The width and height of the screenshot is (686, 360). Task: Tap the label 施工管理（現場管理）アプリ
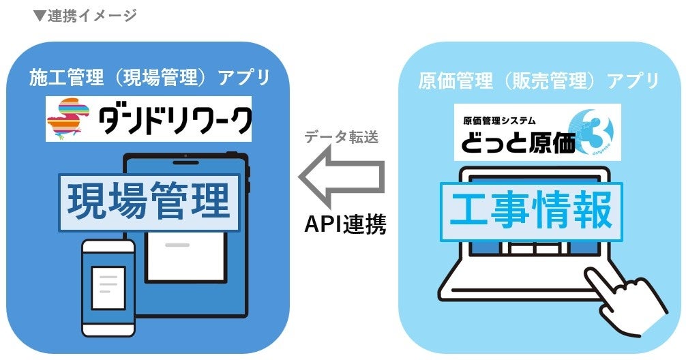coord(148,78)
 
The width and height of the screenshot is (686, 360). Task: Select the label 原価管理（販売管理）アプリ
coord(538,81)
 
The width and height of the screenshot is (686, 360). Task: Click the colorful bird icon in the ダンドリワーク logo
coord(67,120)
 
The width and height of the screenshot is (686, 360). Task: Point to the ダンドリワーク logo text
coord(175,121)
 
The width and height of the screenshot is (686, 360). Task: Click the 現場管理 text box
coord(149,202)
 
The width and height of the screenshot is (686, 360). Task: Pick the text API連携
coord(344,225)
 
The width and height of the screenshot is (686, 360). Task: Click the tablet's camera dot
coord(185,162)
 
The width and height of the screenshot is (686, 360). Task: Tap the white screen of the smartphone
coord(108,282)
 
